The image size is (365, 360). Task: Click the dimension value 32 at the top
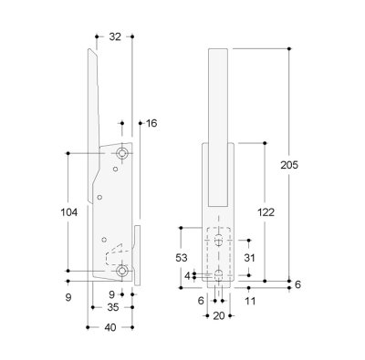pos(115,36)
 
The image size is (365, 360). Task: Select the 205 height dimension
pos(289,165)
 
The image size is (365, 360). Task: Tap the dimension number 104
pos(69,212)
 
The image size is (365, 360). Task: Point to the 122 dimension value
pos(266,212)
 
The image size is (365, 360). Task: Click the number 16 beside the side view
pos(151,123)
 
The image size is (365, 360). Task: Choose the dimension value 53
pos(182,258)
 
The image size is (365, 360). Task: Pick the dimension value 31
pos(249,258)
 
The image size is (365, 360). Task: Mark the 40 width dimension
pos(110,327)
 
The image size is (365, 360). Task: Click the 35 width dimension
pos(113,307)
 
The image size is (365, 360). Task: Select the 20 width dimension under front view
pos(219,316)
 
